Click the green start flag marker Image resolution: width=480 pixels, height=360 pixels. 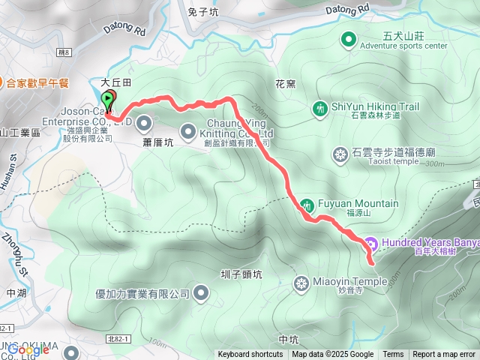(108, 99)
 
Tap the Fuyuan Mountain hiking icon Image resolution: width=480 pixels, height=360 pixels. (307, 205)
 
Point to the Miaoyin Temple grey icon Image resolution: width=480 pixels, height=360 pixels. (301, 283)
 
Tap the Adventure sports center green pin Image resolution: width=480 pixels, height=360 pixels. (349, 39)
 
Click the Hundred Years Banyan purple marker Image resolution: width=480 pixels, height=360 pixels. (370, 243)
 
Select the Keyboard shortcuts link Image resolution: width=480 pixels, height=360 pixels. (250, 355)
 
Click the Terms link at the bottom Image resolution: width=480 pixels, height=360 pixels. (393, 355)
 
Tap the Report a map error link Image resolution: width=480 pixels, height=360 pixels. (444, 355)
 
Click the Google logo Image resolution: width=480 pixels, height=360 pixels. (28, 349)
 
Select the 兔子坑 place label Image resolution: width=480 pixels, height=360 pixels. (203, 12)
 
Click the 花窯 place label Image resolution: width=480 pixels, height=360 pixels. (285, 84)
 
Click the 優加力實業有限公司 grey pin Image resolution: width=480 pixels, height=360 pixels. (201, 293)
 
